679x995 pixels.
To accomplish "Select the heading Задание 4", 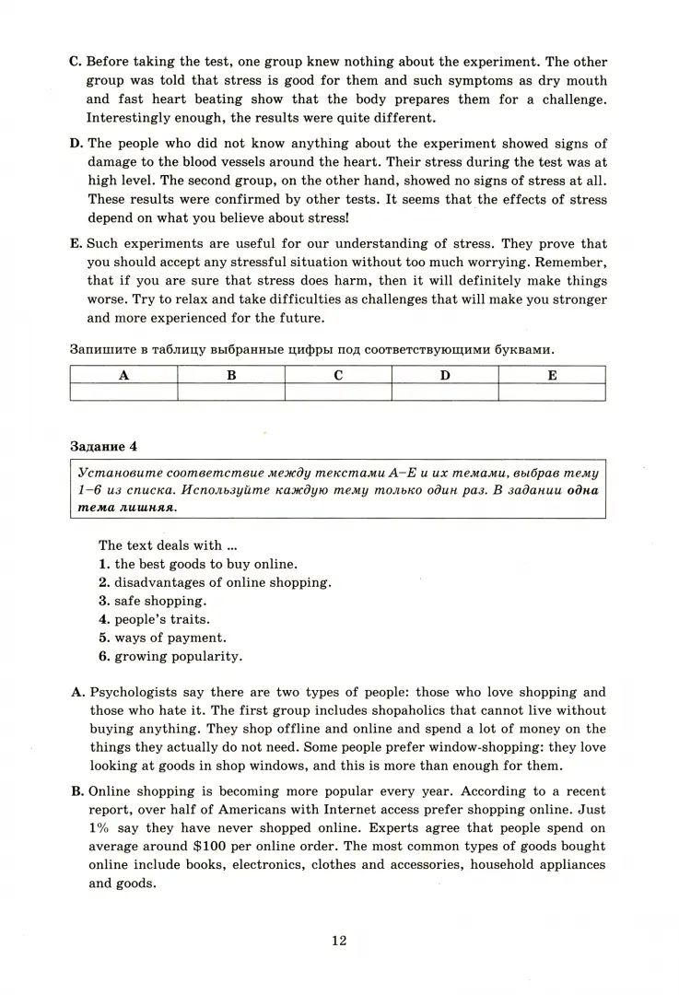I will point(103,446).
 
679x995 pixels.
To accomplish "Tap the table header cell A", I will point(123,375).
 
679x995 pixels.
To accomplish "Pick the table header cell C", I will point(338,375).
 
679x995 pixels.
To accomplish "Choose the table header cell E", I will point(552,375).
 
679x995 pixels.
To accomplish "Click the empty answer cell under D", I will point(445,392).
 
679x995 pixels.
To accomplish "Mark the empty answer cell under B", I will point(231,392).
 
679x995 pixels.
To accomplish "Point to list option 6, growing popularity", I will point(170,656).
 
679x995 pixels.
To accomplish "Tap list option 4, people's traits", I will point(154,619).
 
